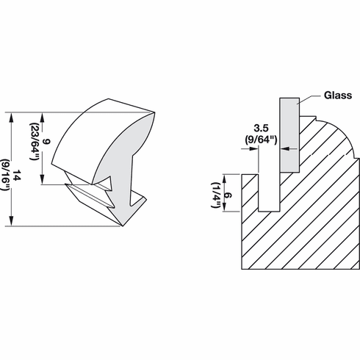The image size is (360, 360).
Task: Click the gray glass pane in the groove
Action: pos(289,140)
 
